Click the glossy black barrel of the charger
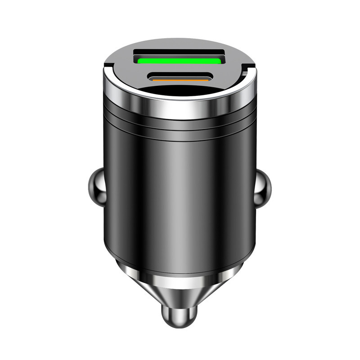tap(148, 189)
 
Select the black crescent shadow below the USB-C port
tap(180, 92)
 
